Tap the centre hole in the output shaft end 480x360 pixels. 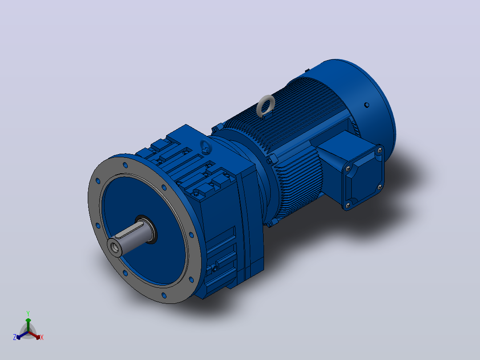coord(115,247)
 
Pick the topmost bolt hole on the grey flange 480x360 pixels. coord(125,165)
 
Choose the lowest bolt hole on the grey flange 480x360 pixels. coord(164,295)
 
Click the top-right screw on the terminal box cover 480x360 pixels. coord(380,151)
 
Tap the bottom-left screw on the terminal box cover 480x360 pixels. coord(347,205)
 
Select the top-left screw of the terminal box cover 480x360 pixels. coord(348,168)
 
